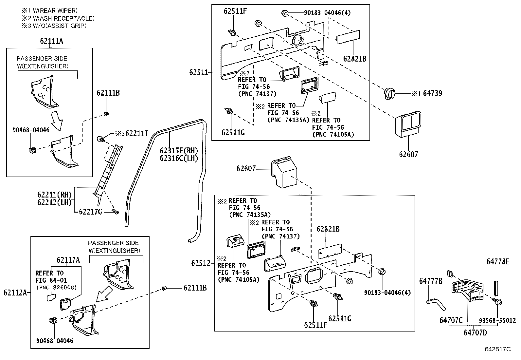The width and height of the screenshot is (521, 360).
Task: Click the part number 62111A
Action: [x=51, y=41]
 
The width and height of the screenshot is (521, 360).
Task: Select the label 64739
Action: [x=432, y=93]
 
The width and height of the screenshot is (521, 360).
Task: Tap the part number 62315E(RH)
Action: [x=179, y=151]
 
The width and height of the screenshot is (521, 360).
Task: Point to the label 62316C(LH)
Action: [x=179, y=159]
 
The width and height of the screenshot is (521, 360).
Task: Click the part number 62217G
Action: [x=91, y=212]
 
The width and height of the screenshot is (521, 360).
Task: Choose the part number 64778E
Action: [x=498, y=261]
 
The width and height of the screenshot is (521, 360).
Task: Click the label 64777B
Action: [x=431, y=281]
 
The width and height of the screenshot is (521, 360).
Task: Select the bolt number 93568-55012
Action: [x=497, y=320]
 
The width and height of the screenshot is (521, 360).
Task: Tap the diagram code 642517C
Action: [x=497, y=349]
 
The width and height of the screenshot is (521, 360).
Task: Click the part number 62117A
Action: [x=68, y=260]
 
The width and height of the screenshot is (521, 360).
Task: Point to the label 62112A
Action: [x=15, y=293]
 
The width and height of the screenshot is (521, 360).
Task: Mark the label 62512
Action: [x=201, y=263]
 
